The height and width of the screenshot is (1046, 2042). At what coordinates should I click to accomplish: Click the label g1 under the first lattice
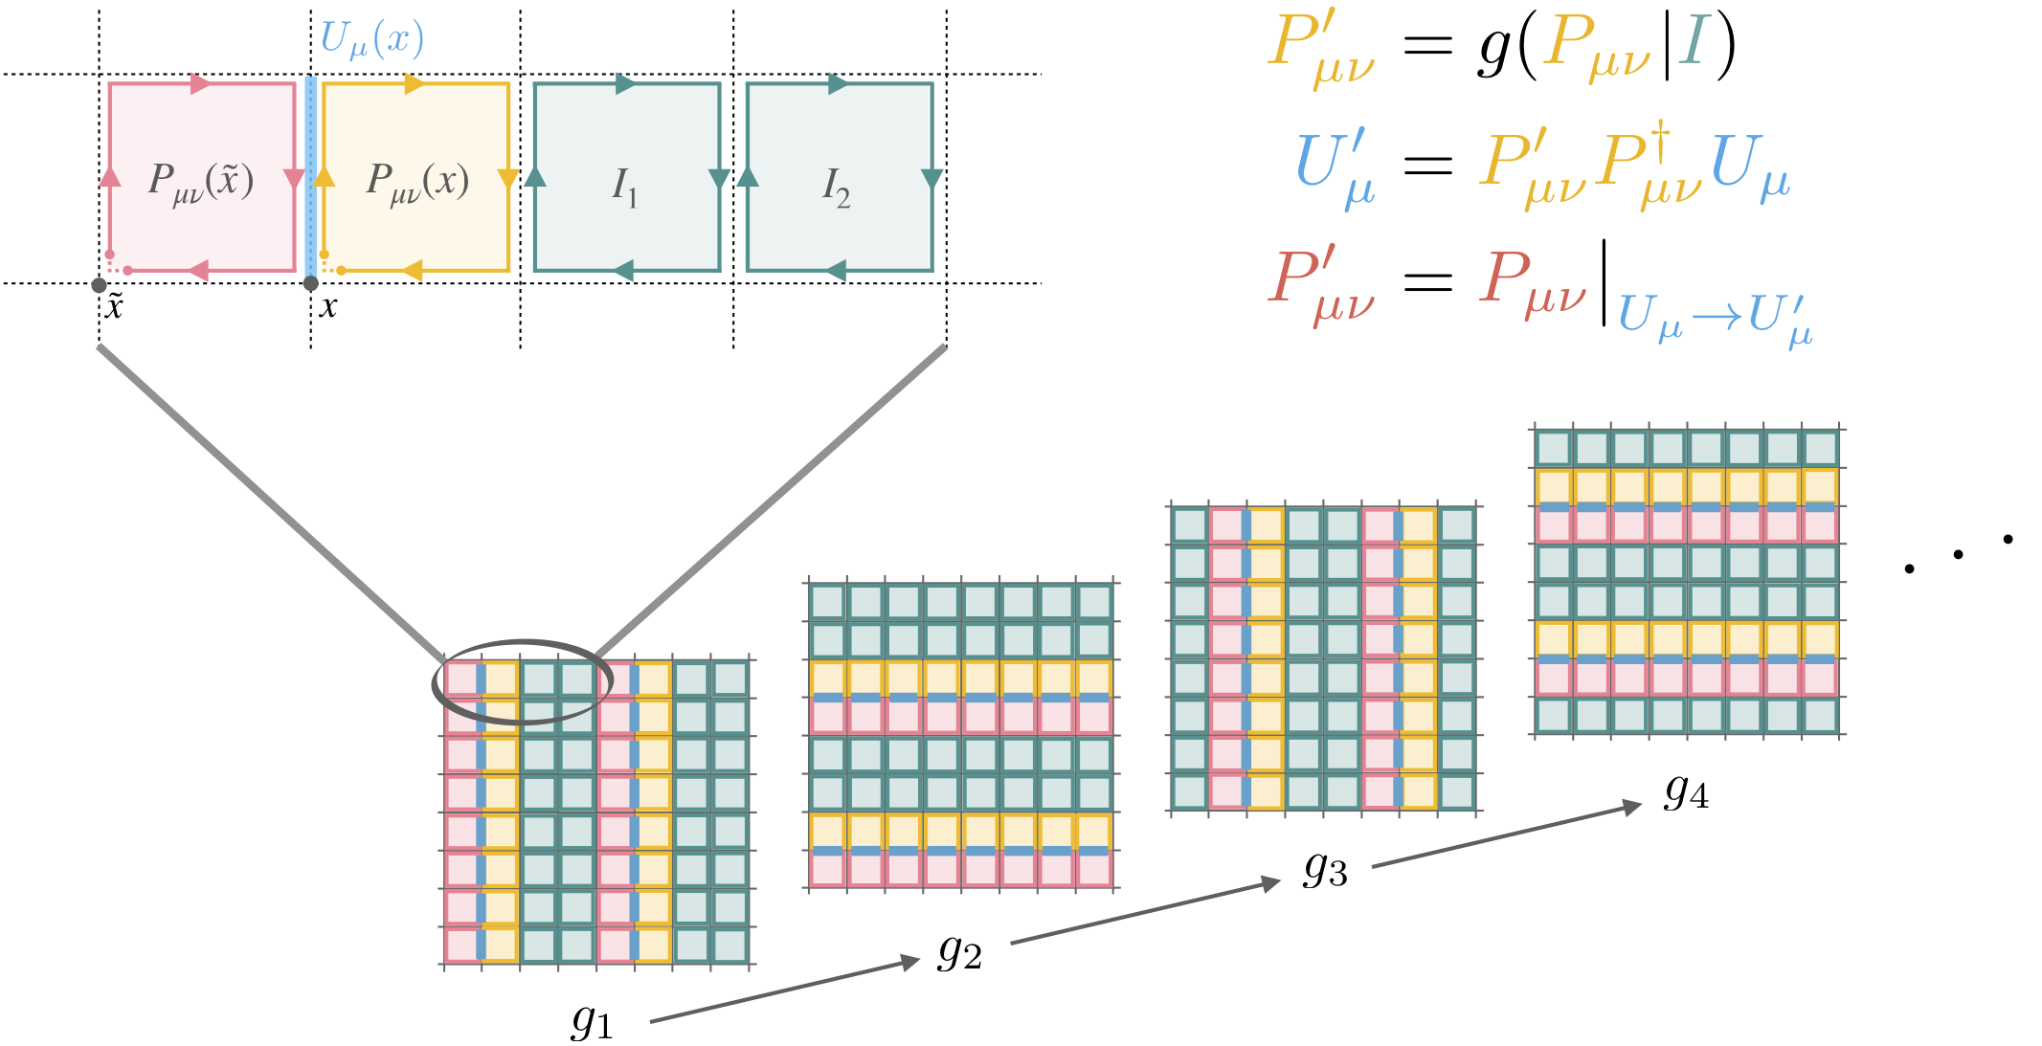point(591,1020)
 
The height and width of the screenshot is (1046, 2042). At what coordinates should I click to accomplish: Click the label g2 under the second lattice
point(959,950)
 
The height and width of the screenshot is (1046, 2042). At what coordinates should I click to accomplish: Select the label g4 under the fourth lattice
point(1686,790)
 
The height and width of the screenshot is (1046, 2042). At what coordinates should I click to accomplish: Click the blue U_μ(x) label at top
point(371,39)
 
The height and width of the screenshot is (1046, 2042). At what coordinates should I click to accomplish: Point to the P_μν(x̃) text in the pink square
point(201,181)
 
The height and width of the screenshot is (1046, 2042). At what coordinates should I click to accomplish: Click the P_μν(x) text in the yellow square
point(417,181)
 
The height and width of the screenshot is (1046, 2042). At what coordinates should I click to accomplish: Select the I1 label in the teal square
point(624,186)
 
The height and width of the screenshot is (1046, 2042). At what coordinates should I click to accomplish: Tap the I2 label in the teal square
point(836,186)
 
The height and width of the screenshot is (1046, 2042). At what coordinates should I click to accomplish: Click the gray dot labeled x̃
point(99,285)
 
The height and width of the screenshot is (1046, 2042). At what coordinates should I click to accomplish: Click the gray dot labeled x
point(310,283)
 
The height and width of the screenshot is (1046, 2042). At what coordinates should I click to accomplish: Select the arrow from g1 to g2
point(784,990)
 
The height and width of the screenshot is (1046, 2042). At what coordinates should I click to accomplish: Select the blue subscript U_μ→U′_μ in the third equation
point(1715,316)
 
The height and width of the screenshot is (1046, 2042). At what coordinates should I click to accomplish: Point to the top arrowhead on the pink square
point(201,83)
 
